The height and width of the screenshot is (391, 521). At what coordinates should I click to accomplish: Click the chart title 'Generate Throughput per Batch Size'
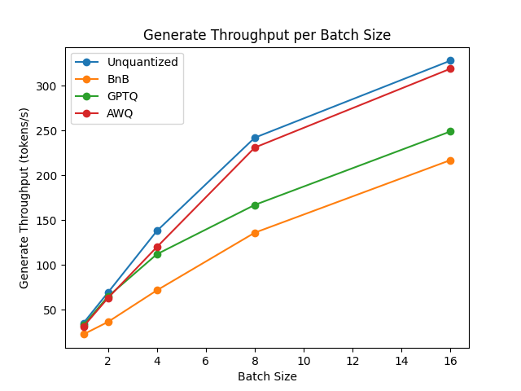click(x=267, y=35)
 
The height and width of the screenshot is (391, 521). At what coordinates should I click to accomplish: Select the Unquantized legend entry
click(x=142, y=62)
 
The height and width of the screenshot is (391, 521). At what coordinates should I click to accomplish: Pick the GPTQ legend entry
click(x=123, y=96)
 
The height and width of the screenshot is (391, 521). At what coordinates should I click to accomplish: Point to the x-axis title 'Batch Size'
click(x=267, y=376)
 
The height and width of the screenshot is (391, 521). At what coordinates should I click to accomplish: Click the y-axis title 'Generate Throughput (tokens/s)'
click(x=24, y=198)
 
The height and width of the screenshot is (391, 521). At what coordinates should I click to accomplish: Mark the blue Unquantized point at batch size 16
click(x=450, y=61)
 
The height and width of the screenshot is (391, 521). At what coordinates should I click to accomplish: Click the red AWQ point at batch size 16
click(x=450, y=68)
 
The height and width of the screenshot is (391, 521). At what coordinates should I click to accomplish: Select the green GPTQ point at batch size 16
click(x=450, y=131)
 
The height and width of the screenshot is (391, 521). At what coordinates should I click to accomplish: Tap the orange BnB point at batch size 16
click(x=450, y=160)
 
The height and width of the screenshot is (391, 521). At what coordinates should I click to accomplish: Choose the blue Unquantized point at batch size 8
click(x=255, y=138)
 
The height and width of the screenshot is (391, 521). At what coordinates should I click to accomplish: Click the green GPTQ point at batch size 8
click(x=255, y=205)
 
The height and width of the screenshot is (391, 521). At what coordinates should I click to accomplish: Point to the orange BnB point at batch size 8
click(x=255, y=233)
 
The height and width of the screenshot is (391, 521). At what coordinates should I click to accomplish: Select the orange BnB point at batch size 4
click(x=157, y=290)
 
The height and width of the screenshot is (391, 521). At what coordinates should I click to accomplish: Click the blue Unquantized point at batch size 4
click(x=157, y=231)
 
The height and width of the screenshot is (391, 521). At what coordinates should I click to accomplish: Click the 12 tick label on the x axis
click(x=352, y=361)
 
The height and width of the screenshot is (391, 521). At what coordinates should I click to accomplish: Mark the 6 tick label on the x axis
click(x=206, y=361)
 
